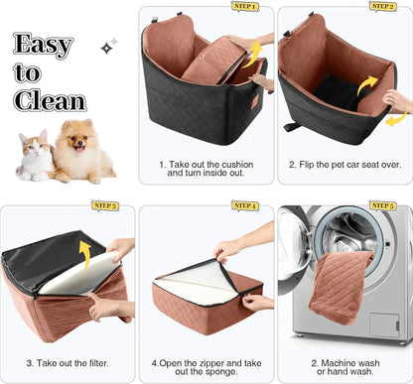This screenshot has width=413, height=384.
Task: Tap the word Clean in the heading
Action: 50,100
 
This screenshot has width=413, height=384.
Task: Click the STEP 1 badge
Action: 244,7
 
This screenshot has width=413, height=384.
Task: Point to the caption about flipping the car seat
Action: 344,165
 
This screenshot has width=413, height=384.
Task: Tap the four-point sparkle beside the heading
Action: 106,46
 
